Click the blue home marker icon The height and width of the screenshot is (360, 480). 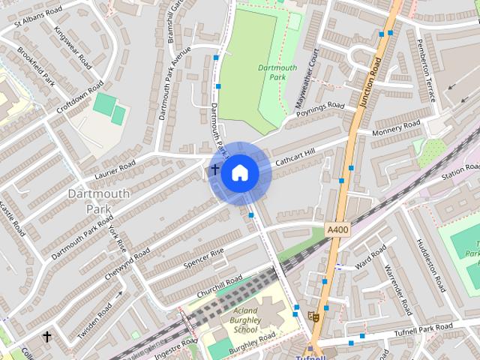coord(239,173)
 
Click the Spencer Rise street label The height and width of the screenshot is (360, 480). coord(205,255)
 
